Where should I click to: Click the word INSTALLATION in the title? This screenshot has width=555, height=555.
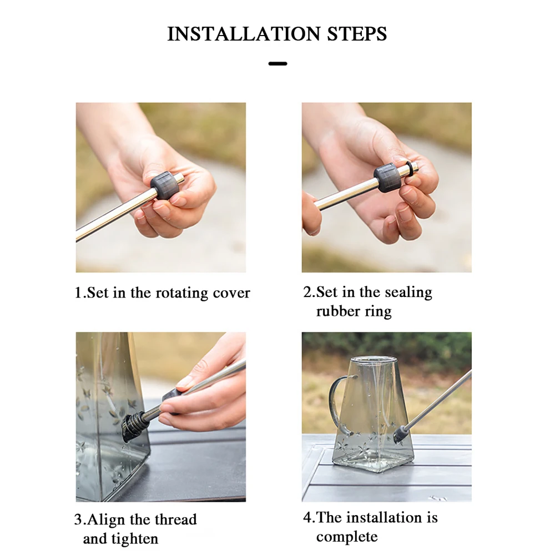(x=244, y=34)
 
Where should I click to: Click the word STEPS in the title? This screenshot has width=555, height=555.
(x=357, y=34)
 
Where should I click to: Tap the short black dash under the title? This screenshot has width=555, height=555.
(x=277, y=64)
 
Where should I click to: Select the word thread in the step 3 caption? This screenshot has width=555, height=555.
(x=175, y=519)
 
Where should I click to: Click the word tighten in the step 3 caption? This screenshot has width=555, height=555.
(x=135, y=539)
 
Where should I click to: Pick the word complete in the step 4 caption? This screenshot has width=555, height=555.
(x=347, y=537)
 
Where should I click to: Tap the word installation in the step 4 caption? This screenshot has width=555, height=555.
(x=385, y=517)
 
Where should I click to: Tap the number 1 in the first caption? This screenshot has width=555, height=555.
(x=78, y=292)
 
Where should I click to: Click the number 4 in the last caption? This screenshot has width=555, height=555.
(x=307, y=517)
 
